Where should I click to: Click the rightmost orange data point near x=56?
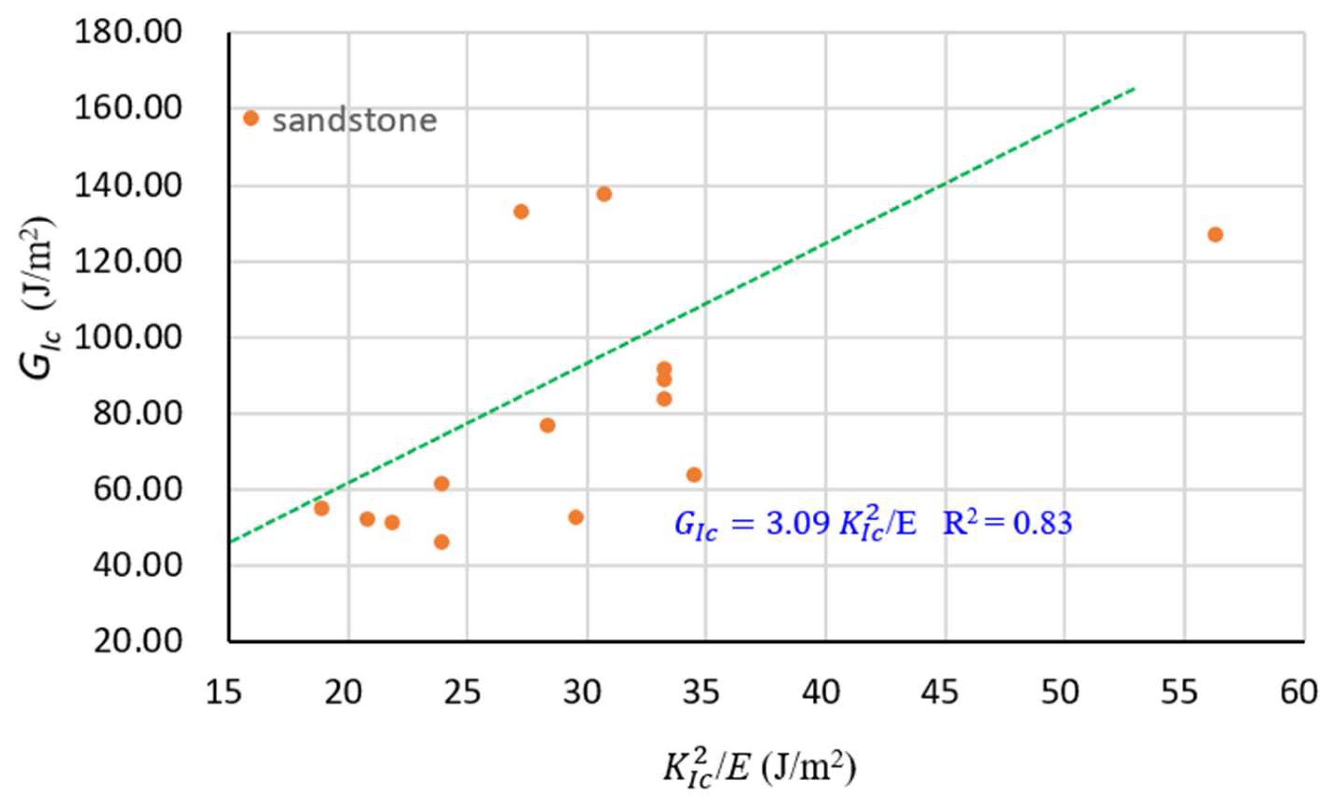coord(1215,234)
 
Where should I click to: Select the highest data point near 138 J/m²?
coord(604,194)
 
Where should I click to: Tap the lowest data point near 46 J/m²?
coord(442,542)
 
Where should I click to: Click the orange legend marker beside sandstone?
coord(251,118)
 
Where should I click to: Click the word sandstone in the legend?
coord(354,120)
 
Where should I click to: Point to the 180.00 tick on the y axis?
coord(128,33)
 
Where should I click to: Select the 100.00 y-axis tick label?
coord(128,338)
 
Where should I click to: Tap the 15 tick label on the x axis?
coord(223,693)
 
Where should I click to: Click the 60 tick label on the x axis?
coord(1299,693)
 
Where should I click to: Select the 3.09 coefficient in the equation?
coord(797,524)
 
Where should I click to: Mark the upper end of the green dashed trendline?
coord(1134,88)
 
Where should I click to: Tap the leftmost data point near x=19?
coord(321,508)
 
